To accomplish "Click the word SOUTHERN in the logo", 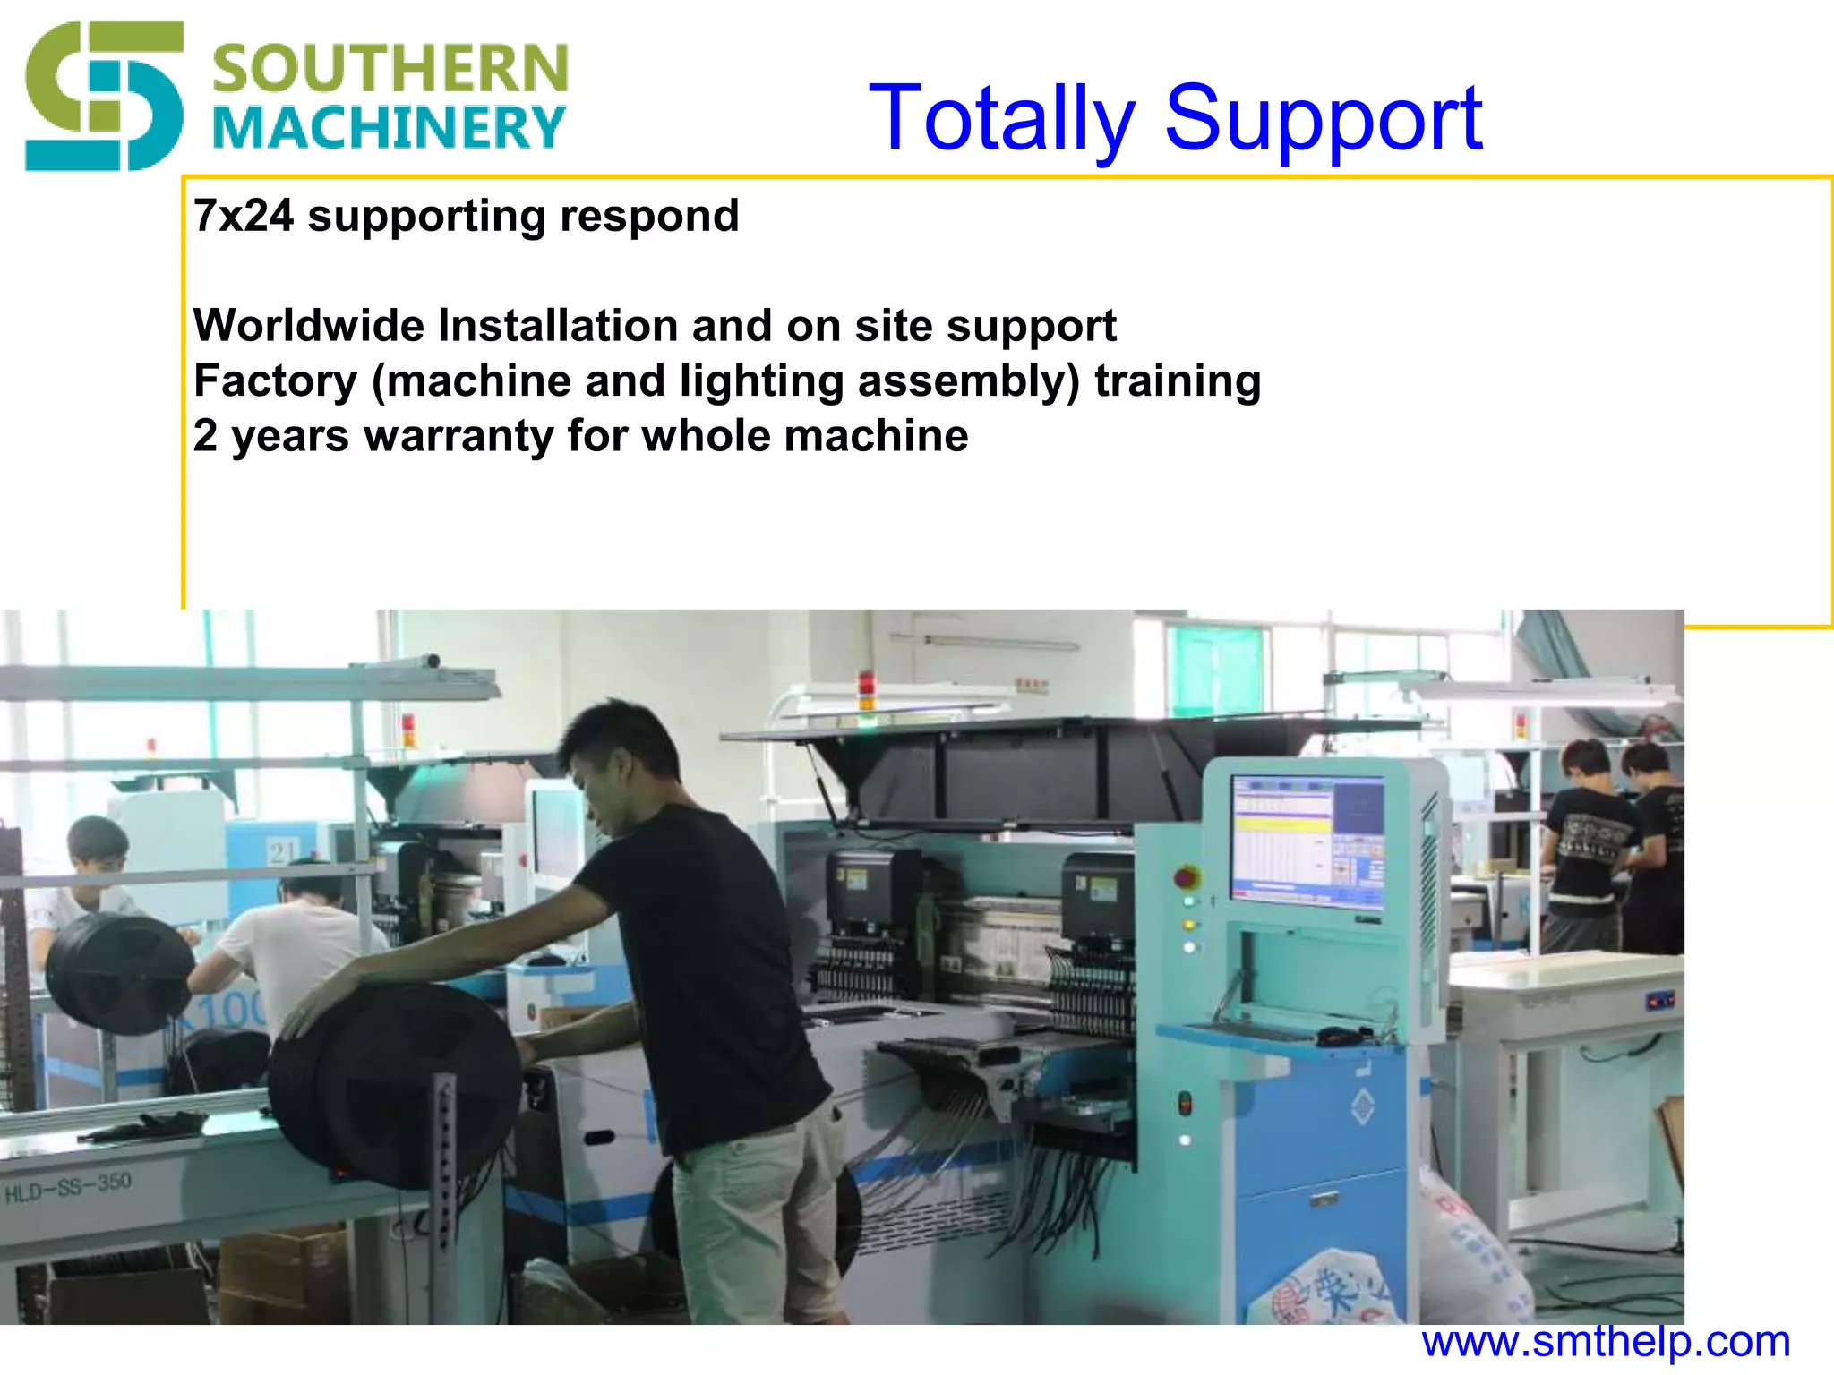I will (x=390, y=69).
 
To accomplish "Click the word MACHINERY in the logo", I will (x=389, y=128).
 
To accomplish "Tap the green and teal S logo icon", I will (x=103, y=97).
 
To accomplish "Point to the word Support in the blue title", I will (x=1324, y=119).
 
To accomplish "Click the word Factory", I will (x=275, y=381).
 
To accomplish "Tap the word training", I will (x=1177, y=381).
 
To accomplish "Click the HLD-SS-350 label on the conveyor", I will (x=68, y=1189).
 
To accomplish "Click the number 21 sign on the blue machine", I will (x=283, y=852).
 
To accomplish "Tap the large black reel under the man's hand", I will (x=394, y=1088).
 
